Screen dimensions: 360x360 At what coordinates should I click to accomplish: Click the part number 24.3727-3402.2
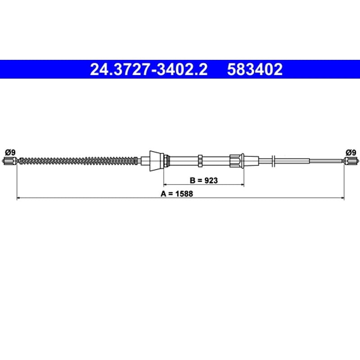149,69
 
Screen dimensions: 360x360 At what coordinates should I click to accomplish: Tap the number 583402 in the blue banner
255,69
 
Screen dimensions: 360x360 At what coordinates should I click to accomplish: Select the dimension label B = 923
204,180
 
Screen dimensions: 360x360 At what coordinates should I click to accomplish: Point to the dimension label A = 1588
177,194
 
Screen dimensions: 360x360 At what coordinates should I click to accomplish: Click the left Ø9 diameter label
10,153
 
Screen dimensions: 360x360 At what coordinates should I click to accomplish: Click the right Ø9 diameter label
351,153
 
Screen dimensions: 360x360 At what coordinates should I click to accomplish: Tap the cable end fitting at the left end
10,161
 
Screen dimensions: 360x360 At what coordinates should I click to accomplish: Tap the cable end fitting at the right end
351,161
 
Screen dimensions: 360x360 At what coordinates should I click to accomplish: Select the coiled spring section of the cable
78,161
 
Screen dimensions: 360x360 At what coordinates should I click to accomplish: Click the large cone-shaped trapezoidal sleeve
157,161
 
